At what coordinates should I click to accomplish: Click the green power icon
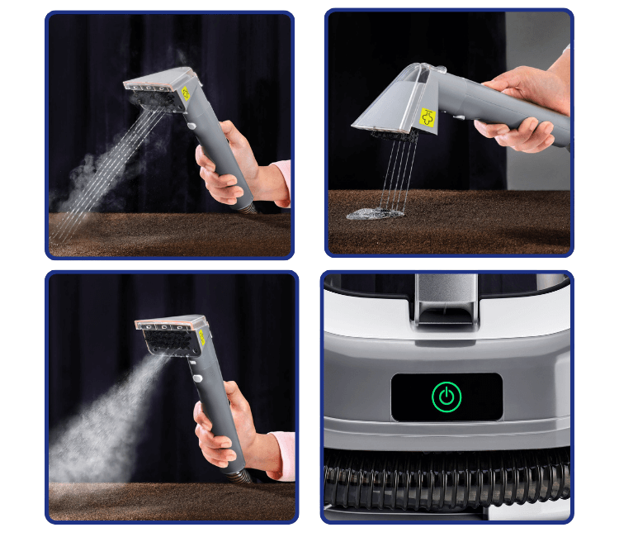tap(446, 397)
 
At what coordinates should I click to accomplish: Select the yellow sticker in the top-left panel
tap(185, 93)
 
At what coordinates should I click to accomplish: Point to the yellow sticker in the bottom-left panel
tap(201, 338)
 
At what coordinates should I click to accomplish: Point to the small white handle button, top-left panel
tap(191, 126)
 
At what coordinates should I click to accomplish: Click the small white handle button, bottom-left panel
tap(198, 378)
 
